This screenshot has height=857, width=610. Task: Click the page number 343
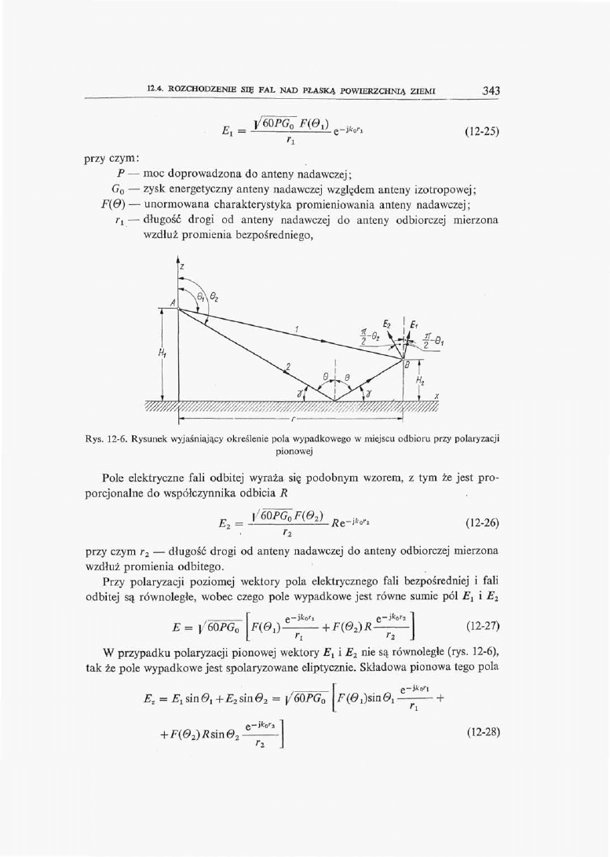[x=491, y=91]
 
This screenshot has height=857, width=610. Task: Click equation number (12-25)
[x=477, y=131]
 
